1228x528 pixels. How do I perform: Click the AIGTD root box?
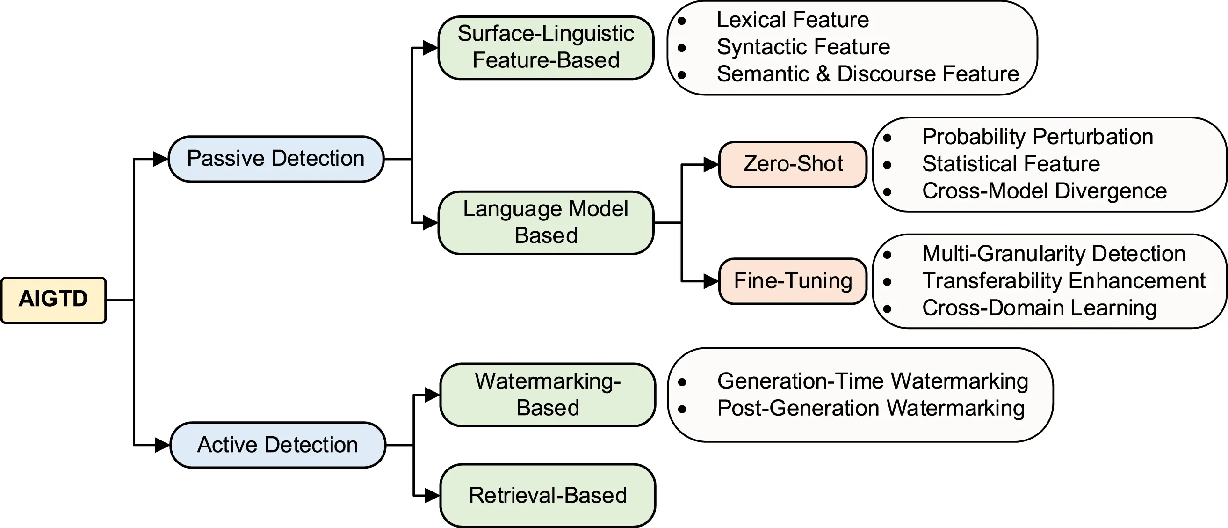pos(53,300)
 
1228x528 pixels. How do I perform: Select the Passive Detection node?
pos(276,159)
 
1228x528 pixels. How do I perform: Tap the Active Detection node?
pos(277,445)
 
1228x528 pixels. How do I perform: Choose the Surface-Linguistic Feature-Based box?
pos(546,47)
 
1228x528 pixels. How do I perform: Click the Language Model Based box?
pos(546,222)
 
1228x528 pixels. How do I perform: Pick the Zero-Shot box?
pos(792,164)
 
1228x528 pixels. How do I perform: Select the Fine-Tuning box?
pos(792,281)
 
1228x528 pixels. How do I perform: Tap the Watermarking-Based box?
pos(547,395)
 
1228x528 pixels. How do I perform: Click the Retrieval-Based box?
pos(547,496)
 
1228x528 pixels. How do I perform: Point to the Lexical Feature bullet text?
pos(793,20)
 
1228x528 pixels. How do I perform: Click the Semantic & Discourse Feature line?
pos(867,74)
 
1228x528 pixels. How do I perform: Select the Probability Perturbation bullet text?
pos(1037,137)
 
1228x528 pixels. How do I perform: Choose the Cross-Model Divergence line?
pos(1044,191)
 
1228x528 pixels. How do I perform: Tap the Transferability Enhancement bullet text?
pos(1063,281)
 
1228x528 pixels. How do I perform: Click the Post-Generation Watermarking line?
pos(870,408)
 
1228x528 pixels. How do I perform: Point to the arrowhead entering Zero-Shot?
pos(711,165)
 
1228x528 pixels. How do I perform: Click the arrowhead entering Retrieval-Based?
pos(432,496)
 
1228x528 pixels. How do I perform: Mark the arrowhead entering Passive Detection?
pos(160,159)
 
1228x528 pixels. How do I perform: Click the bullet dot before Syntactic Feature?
pos(682,48)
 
